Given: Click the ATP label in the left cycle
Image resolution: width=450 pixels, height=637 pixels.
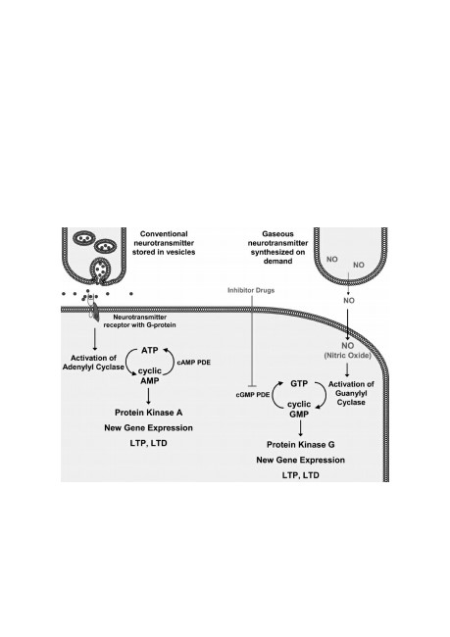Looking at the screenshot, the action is (149, 350).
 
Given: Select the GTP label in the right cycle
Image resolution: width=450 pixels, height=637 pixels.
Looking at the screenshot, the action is (299, 383).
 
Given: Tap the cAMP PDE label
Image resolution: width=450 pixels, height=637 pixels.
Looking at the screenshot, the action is (193, 362).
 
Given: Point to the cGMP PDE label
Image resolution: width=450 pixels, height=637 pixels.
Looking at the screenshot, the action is (252, 395).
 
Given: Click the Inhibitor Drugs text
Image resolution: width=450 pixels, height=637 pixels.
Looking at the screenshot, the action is (251, 290).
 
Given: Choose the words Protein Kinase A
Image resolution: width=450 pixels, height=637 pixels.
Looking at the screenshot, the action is (148, 413).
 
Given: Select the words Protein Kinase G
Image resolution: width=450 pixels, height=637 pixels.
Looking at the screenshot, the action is (300, 445).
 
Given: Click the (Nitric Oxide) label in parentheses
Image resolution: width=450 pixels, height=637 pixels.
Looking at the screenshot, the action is (348, 356).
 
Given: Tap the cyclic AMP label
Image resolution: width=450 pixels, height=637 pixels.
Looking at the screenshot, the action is (150, 375).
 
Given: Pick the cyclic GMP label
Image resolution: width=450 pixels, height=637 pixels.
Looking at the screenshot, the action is (299, 409).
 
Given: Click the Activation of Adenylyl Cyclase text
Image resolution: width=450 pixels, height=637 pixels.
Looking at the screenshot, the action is (93, 363).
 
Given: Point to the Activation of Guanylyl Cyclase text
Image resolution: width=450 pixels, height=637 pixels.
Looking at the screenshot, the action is (351, 393).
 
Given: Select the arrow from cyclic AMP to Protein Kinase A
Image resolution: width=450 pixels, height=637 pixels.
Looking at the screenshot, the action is (148, 395).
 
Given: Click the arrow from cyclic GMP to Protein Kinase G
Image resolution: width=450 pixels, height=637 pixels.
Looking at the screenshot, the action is (300, 428).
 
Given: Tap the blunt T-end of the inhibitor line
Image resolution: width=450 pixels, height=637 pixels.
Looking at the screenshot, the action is (252, 385).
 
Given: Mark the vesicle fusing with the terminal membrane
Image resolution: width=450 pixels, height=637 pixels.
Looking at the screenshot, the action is (101, 269).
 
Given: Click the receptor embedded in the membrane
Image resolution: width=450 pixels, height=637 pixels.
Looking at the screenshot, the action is (93, 308).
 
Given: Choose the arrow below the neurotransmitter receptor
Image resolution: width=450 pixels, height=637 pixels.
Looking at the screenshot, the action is (95, 338).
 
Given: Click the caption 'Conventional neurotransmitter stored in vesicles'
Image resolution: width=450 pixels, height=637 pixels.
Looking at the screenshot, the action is (164, 243).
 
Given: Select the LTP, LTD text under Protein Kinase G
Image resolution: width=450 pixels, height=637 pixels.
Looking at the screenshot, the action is (300, 475).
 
